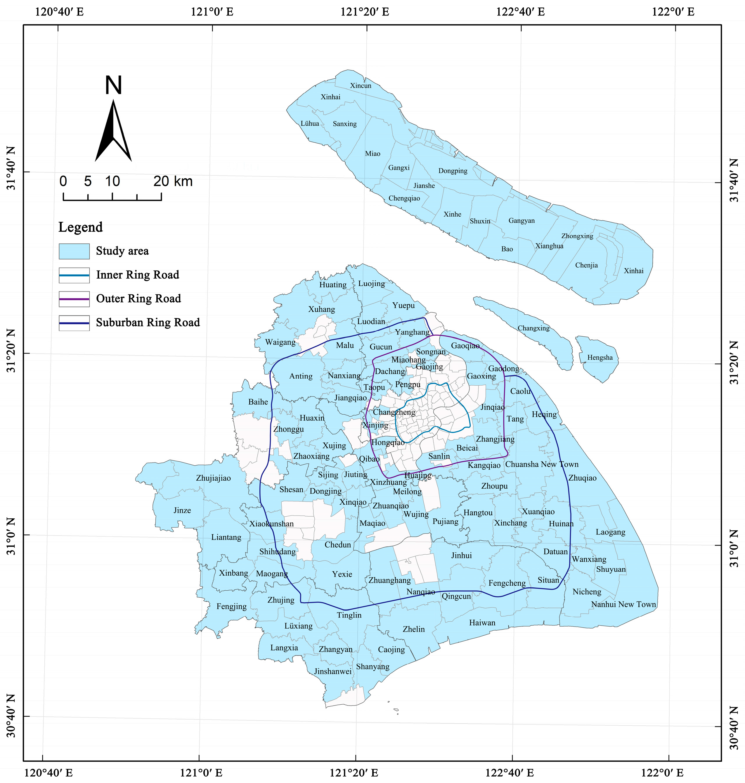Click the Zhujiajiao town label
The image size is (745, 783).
[x=213, y=478]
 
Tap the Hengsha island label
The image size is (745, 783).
[x=600, y=358]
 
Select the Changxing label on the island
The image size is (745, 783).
[x=533, y=328]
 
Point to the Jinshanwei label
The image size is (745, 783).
[x=333, y=672]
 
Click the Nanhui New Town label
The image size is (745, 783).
[x=623, y=605]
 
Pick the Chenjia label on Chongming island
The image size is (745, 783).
[x=586, y=265]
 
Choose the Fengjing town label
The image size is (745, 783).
[x=231, y=606]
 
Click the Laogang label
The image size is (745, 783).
[x=610, y=532]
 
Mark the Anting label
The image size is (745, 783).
[x=301, y=376]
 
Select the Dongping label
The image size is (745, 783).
[x=453, y=171]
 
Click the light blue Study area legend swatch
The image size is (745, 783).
[x=74, y=251]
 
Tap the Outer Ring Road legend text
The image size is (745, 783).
[x=138, y=299]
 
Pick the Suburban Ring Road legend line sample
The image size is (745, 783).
[x=74, y=323]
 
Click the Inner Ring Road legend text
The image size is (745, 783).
[x=137, y=275]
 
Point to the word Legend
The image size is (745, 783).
[x=81, y=227]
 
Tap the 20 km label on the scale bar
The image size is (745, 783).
[x=173, y=182]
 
